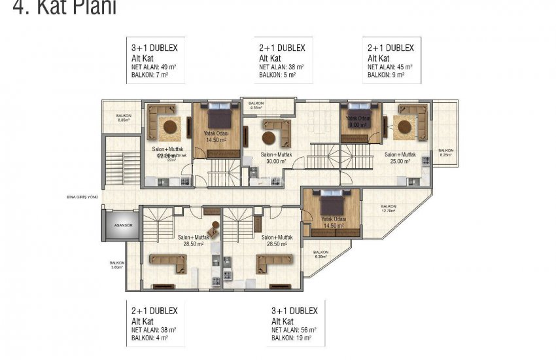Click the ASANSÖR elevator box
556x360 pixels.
(x=114, y=225)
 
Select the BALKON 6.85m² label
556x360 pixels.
(x=124, y=118)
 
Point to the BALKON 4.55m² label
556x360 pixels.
(x=256, y=105)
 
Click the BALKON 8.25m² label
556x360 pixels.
(x=446, y=152)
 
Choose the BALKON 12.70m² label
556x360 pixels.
(x=391, y=209)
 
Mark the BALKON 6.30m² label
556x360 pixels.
(x=321, y=255)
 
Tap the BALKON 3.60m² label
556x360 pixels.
(x=117, y=265)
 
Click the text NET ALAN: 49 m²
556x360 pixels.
(x=154, y=67)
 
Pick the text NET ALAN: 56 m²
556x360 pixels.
(x=294, y=330)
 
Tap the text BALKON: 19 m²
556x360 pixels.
(x=291, y=338)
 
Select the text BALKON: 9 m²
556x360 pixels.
(x=386, y=75)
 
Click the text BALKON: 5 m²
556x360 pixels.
(x=277, y=75)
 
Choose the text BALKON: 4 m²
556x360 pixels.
(x=150, y=338)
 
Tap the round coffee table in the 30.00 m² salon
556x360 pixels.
(x=268, y=137)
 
